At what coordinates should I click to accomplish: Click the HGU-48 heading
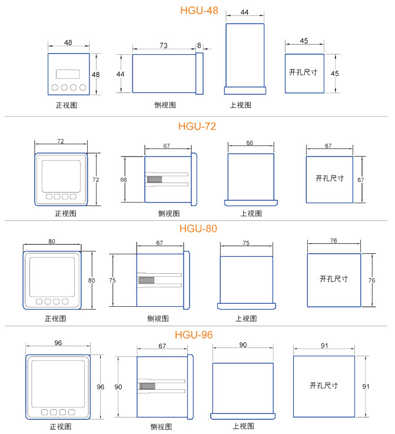(x=199, y=11)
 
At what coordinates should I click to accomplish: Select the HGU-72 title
(x=197, y=126)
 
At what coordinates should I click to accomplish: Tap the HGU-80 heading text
(x=198, y=228)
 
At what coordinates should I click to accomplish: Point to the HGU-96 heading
(x=194, y=335)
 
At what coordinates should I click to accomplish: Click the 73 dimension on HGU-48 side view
(x=164, y=45)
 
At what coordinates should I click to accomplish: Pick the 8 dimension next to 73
(x=199, y=45)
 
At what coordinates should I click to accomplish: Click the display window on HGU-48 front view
(x=68, y=74)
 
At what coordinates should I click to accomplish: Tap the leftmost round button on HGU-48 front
(x=55, y=88)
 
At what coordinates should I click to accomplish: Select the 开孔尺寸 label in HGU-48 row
(x=303, y=72)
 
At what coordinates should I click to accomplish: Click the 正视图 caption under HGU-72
(x=66, y=213)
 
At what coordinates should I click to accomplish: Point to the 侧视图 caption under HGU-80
(x=158, y=319)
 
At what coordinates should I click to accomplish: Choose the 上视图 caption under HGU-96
(x=243, y=426)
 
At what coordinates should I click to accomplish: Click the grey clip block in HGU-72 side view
(x=154, y=180)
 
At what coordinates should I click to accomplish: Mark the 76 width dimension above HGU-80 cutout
(x=334, y=240)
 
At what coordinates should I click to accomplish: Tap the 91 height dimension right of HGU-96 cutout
(x=366, y=386)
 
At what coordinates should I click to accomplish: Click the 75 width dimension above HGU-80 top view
(x=246, y=243)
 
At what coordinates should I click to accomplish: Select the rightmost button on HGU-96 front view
(x=72, y=412)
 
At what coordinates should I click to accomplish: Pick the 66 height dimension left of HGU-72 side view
(x=124, y=180)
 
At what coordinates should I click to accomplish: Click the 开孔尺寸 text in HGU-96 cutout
(x=324, y=386)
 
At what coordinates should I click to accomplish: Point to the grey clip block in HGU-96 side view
(x=147, y=386)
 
